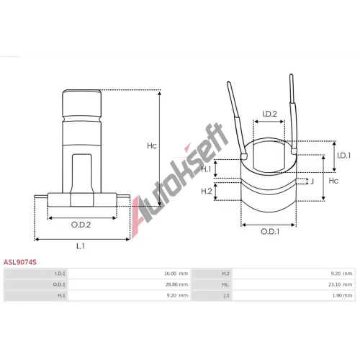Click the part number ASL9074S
[20, 262]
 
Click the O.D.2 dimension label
[81, 225]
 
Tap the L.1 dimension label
[81, 246]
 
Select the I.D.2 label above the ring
[269, 114]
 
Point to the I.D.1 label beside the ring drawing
[343, 156]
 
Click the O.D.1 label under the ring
[270, 232]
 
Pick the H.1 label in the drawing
[206, 169]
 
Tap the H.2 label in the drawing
[207, 191]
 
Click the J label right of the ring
[312, 181]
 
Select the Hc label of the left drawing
[152, 145]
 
